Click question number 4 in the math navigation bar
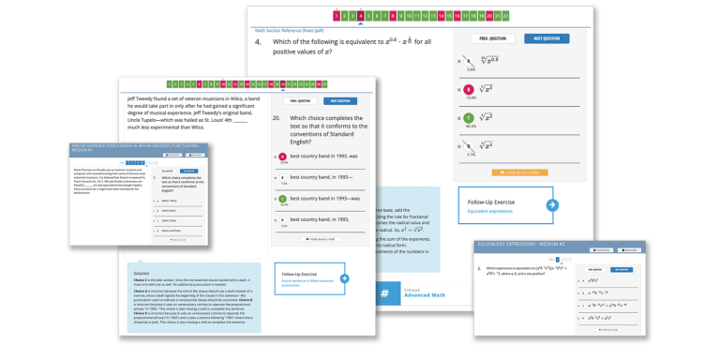click(360, 16)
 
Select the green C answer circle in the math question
click(469, 118)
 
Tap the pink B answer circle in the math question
click(469, 90)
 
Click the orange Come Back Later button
click(519, 172)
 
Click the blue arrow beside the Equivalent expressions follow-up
click(552, 204)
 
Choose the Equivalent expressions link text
click(490, 211)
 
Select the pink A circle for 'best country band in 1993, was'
click(282, 157)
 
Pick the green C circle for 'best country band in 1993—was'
click(282, 199)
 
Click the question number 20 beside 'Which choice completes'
click(277, 119)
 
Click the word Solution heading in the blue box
click(142, 274)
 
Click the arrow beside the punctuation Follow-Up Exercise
click(345, 277)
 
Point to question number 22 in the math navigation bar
click(506, 16)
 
